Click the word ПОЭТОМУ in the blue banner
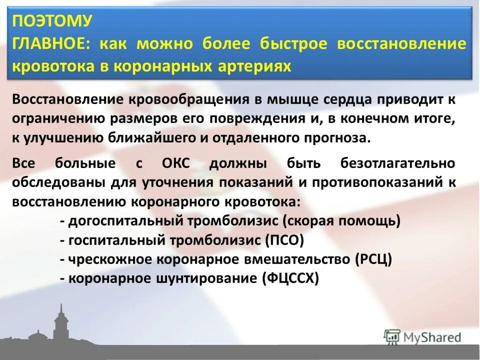pyautogui.click(x=51, y=21)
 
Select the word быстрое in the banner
pyautogui.click(x=293, y=44)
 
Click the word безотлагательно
pyautogui.click(x=398, y=163)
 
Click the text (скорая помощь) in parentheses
pyautogui.click(x=341, y=221)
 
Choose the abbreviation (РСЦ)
pyautogui.click(x=373, y=259)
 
